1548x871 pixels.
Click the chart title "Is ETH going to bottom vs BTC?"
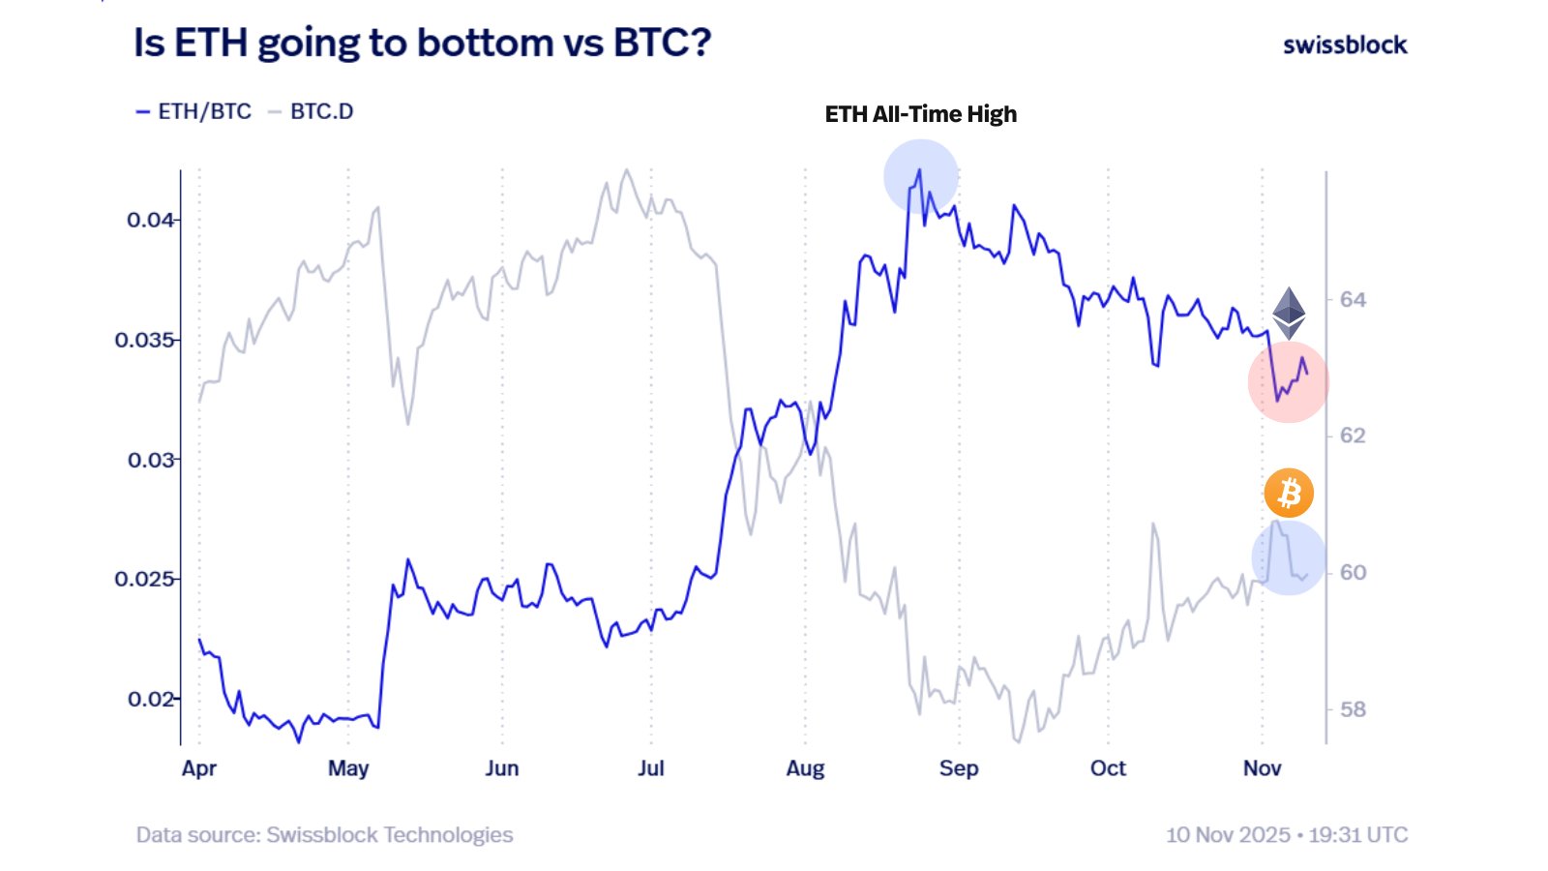[x=422, y=44]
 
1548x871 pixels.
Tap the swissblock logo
[x=1345, y=45]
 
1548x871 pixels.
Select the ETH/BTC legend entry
[x=194, y=111]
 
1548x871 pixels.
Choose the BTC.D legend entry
[x=312, y=111]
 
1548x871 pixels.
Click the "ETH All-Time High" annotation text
[x=920, y=114]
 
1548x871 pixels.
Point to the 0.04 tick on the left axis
[x=150, y=220]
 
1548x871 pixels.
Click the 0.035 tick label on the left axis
[x=144, y=340]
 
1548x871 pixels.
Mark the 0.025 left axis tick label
[x=144, y=579]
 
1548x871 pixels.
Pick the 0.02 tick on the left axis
[x=150, y=699]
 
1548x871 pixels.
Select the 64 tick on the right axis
[x=1353, y=300]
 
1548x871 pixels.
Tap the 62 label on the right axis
[x=1353, y=436]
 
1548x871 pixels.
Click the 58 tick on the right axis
[x=1353, y=709]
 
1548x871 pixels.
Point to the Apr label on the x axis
[x=199, y=768]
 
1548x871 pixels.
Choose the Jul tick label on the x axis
[x=651, y=768]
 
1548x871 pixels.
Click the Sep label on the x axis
[x=959, y=768]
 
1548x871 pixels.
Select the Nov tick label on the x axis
[x=1262, y=768]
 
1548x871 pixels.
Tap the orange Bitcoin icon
[x=1289, y=494]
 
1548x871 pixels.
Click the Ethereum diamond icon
[x=1289, y=313]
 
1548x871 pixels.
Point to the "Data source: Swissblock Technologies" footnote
[x=324, y=835]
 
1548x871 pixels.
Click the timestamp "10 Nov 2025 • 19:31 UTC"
[x=1287, y=835]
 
